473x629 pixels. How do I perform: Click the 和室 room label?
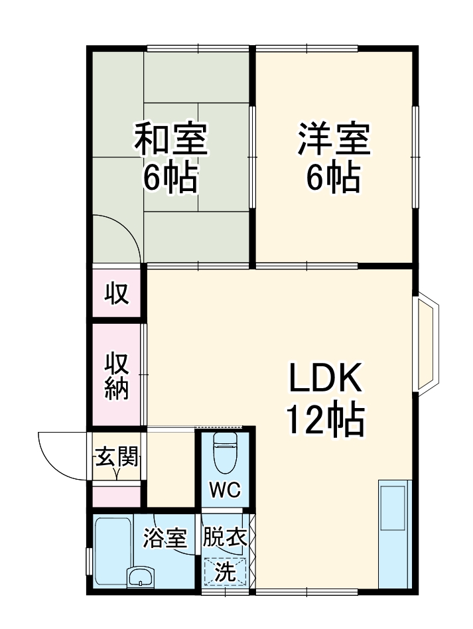[x=171, y=138]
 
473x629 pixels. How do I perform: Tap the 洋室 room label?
[x=333, y=138]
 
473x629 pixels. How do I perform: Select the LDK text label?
[x=325, y=380]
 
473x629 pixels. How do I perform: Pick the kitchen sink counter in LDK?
[x=395, y=531]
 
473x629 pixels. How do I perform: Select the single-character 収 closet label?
[x=117, y=293]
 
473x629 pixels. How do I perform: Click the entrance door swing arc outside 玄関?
[x=63, y=454]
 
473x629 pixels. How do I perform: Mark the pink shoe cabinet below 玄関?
[x=117, y=495]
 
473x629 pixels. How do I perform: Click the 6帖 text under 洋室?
[x=333, y=176]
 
